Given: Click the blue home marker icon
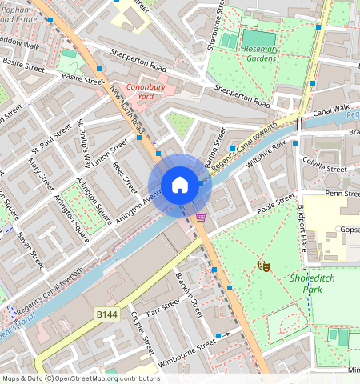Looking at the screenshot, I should pyautogui.click(x=180, y=186).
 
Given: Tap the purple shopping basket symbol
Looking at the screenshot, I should pyautogui.click(x=201, y=217).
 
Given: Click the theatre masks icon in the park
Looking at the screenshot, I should pyautogui.click(x=262, y=265).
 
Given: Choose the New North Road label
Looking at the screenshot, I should pyautogui.click(x=128, y=109).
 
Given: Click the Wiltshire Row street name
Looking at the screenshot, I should pyautogui.click(x=266, y=154).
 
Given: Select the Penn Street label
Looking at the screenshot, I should pyautogui.click(x=342, y=193).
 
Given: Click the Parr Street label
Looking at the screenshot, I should pyautogui.click(x=164, y=309).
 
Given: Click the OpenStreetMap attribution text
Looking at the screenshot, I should pyautogui.click(x=81, y=378).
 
